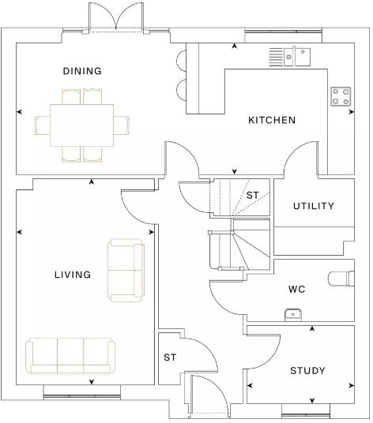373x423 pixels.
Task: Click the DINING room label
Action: point(82,71)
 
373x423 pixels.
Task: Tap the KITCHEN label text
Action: point(272,120)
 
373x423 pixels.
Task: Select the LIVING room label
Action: point(73,275)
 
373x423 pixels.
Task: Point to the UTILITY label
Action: point(314,206)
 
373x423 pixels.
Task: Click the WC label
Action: point(297,290)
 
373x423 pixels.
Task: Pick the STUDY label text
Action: point(307,371)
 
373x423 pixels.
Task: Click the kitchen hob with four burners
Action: point(341,96)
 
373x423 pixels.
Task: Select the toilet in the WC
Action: point(341,279)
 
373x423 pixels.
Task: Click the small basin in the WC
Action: point(292,315)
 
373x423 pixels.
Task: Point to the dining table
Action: point(81,125)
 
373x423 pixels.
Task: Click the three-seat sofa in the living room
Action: point(70,356)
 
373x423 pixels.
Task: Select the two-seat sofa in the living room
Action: point(126,271)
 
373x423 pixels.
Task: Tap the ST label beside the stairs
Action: point(253,195)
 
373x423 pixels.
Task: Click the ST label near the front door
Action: point(170,357)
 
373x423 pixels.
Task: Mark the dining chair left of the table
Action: point(43,125)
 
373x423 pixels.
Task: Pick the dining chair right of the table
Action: point(121,125)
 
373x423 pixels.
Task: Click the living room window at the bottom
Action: point(82,396)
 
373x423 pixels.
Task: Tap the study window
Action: point(306,415)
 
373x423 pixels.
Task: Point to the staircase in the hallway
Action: point(239,244)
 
